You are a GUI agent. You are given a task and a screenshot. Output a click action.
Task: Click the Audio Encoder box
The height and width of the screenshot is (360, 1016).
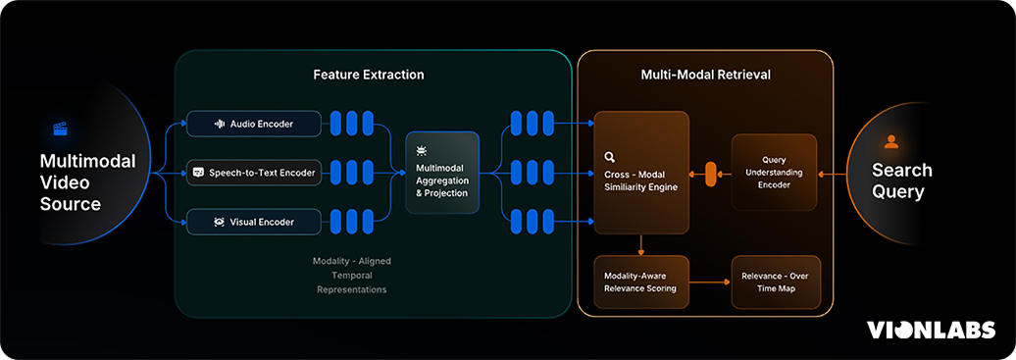click(254, 124)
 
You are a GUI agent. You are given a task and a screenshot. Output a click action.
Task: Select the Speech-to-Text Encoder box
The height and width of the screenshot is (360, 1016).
click(254, 174)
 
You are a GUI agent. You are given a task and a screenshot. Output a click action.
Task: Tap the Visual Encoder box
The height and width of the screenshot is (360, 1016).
click(254, 223)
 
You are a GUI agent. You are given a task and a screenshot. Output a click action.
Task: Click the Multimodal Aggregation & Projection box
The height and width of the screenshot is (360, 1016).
click(442, 174)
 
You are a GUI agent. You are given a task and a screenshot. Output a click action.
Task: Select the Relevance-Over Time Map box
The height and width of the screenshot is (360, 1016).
click(775, 282)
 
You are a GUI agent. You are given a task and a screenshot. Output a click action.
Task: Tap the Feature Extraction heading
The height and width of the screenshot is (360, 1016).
click(369, 75)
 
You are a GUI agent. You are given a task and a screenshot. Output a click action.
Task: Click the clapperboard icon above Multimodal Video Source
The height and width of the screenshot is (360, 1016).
click(59, 129)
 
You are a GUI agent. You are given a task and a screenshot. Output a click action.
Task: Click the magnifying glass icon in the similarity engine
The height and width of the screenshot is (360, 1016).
click(610, 156)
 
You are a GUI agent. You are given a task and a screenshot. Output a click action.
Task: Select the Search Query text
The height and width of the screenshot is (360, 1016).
click(901, 181)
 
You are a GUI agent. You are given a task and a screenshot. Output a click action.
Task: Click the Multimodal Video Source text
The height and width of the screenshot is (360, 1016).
click(87, 181)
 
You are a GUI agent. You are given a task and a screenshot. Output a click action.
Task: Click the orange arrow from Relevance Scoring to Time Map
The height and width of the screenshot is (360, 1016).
click(710, 282)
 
